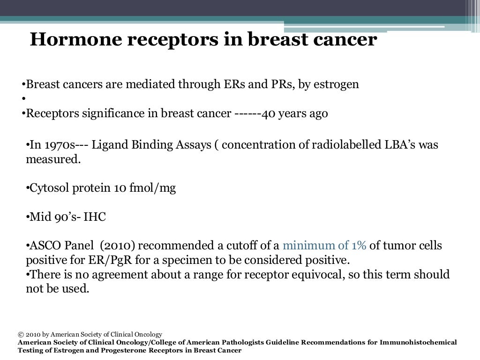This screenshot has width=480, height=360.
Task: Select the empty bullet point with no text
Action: click(22, 99)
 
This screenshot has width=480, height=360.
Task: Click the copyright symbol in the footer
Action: click(21, 335)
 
